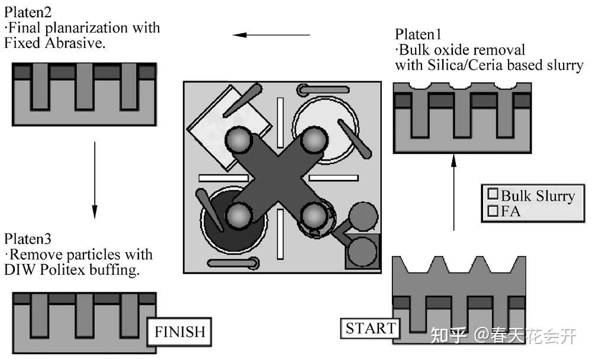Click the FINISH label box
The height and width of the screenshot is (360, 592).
pyautogui.click(x=179, y=331)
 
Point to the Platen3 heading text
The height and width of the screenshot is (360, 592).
pyautogui.click(x=28, y=239)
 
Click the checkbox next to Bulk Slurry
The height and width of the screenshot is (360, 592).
pyautogui.click(x=492, y=194)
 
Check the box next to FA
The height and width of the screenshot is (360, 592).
pyautogui.click(x=492, y=210)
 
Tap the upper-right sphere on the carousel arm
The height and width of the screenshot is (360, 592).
pyautogui.click(x=313, y=140)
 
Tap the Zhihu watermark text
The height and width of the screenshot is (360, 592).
pyautogui.click(x=503, y=336)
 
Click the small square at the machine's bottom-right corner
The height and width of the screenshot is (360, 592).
pyautogui.click(x=361, y=252)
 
